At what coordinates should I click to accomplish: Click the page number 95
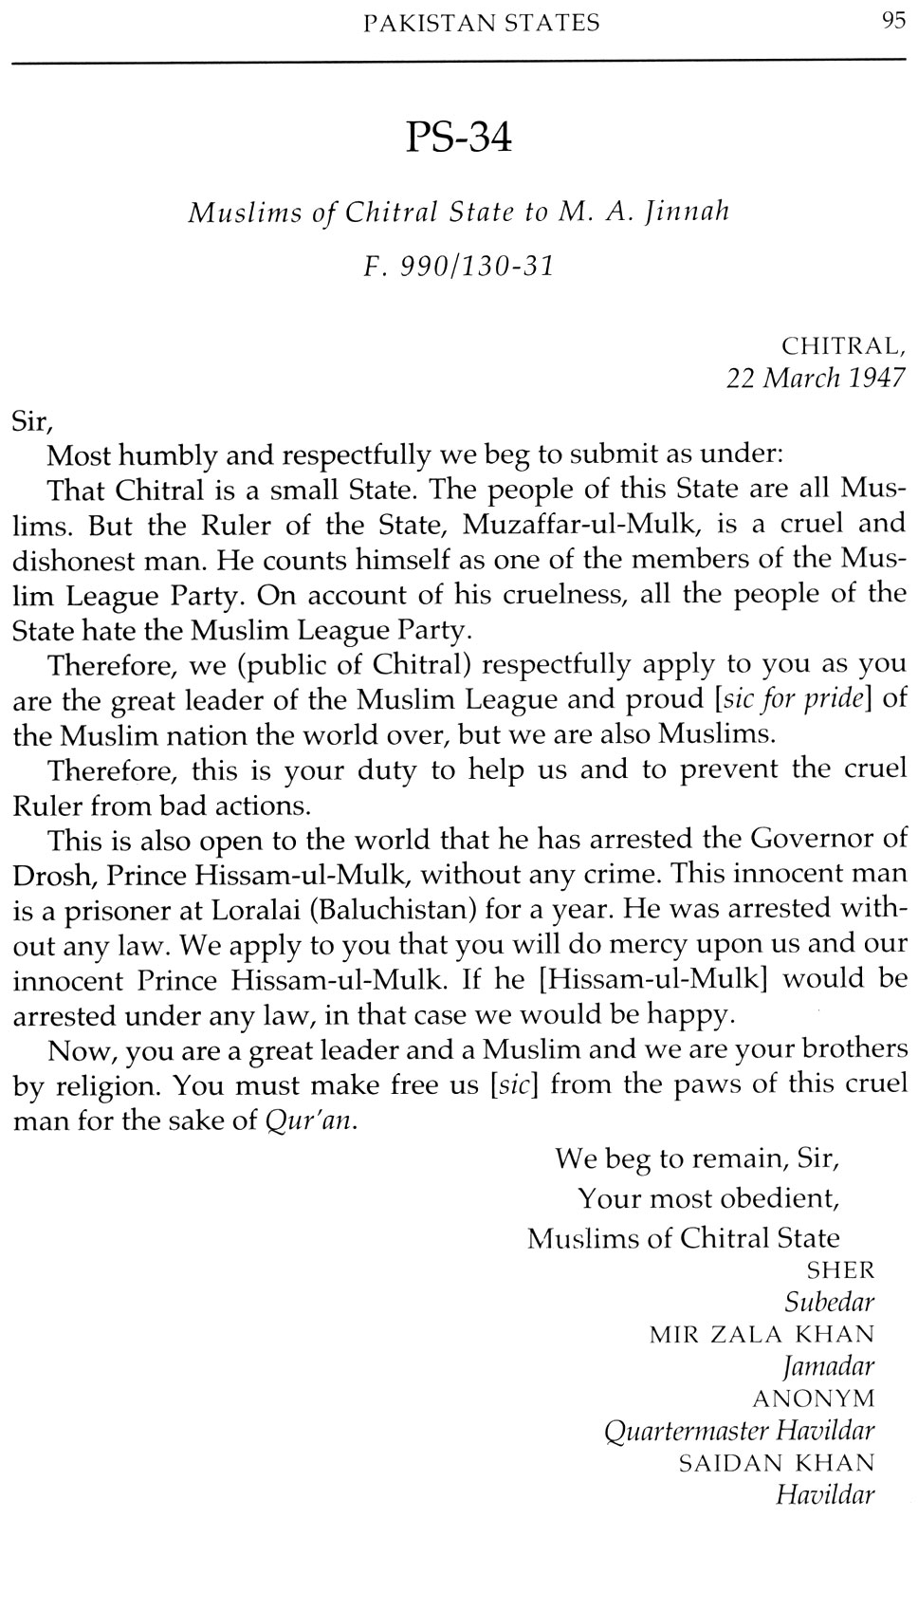tap(893, 22)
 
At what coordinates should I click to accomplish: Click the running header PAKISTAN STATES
tap(482, 24)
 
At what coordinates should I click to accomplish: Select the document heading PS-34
tap(459, 139)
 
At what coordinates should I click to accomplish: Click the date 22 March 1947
tap(816, 378)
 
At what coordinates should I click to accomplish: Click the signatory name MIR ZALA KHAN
tap(762, 1334)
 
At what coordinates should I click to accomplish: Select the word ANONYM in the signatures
tap(813, 1398)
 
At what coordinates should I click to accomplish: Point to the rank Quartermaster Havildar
tap(739, 1431)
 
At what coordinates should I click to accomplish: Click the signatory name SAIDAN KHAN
tap(777, 1463)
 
